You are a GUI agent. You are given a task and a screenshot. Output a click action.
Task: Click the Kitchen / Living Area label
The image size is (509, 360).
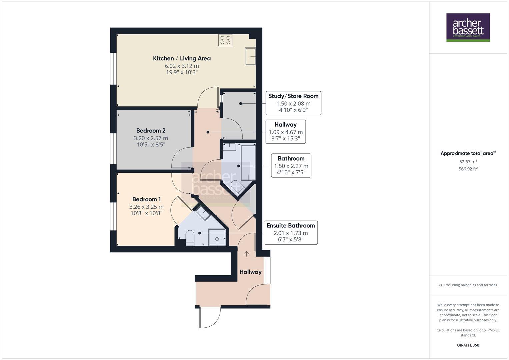point(182,58)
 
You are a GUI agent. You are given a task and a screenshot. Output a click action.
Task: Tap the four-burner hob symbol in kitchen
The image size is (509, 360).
point(225,40)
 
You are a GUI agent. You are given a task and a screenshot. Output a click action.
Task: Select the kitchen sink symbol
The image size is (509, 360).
point(250,56)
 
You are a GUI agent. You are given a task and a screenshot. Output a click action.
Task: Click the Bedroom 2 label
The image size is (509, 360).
point(151,131)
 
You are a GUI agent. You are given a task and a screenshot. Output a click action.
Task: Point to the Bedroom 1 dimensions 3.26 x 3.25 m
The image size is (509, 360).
point(146,207)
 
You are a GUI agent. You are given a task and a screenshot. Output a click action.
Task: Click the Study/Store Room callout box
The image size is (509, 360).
point(293,103)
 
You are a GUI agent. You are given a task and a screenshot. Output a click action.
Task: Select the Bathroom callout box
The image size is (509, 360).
point(291,165)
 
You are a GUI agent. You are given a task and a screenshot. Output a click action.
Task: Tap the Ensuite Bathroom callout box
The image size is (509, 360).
point(290,232)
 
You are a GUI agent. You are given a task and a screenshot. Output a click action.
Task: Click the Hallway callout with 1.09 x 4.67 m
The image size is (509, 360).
point(286,132)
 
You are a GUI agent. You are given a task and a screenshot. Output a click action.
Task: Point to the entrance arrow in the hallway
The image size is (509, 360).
point(246,254)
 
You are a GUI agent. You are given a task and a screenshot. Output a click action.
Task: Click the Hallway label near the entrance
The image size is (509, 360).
point(250,272)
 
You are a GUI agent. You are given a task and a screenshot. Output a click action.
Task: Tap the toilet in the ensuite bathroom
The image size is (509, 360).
point(190,237)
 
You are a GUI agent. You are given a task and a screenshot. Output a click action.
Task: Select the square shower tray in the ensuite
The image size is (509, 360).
point(217,237)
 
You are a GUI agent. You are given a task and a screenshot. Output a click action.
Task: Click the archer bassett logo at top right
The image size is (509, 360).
point(468,27)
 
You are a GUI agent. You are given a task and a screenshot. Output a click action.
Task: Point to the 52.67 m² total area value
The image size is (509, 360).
point(468,162)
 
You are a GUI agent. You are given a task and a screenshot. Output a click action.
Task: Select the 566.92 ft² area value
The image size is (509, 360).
point(468,169)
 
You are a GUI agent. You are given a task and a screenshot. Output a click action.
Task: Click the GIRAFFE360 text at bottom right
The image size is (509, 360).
point(468,345)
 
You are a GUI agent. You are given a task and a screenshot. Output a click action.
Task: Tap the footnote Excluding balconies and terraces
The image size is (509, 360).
point(468,285)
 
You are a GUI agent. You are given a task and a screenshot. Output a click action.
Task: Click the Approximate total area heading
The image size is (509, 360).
point(467,153)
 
